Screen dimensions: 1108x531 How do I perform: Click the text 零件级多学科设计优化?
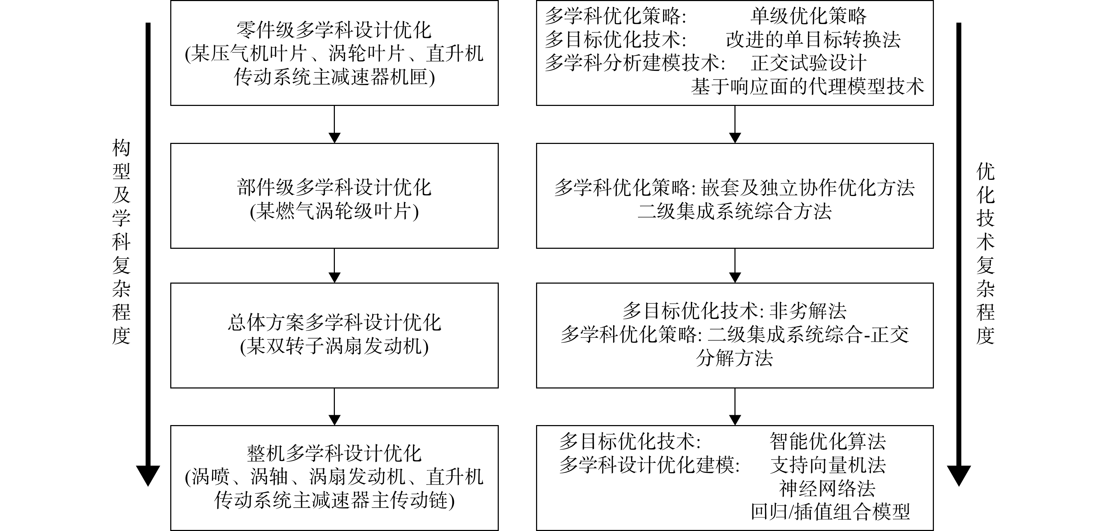click(x=334, y=30)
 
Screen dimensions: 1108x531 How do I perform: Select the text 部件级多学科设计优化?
click(x=334, y=188)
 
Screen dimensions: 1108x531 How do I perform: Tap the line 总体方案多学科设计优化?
click(x=334, y=323)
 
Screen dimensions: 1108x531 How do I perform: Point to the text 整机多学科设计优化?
click(x=334, y=454)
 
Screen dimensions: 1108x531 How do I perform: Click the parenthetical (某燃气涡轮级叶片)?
click(x=334, y=211)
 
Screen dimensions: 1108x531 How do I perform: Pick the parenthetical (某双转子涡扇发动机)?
click(x=334, y=346)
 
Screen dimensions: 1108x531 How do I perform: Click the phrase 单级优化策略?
click(x=808, y=16)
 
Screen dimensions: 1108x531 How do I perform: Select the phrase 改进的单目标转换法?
click(x=813, y=40)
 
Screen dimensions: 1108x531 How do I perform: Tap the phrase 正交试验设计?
click(x=808, y=63)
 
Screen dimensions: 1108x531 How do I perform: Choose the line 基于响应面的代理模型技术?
click(x=807, y=87)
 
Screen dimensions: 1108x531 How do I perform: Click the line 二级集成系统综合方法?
click(x=735, y=211)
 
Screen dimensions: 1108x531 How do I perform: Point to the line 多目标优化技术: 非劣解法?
click(x=735, y=311)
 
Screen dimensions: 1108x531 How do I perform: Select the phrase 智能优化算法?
click(x=828, y=441)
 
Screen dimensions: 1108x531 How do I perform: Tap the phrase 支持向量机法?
click(x=828, y=465)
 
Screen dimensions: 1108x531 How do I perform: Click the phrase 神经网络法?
click(x=828, y=488)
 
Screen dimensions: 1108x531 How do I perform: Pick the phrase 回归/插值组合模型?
click(x=830, y=512)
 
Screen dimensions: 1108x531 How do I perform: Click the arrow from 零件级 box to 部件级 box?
click(x=334, y=124)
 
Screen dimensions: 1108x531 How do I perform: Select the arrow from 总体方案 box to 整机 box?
click(x=334, y=407)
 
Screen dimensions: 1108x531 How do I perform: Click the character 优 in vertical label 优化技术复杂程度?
click(x=985, y=172)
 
